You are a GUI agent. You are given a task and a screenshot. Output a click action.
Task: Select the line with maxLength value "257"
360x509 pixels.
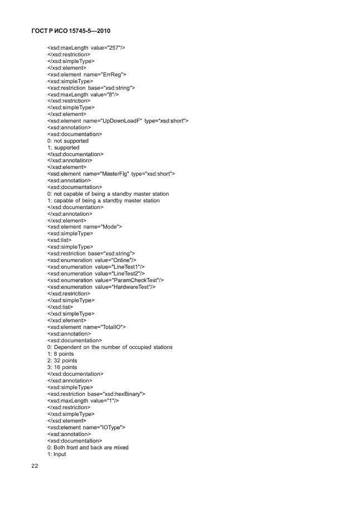point(86,48)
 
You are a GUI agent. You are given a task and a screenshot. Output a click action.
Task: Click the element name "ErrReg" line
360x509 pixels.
point(87,74)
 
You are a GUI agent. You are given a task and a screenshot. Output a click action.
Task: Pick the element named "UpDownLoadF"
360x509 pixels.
point(118,120)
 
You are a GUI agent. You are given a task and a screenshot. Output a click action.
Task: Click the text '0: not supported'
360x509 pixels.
point(68,140)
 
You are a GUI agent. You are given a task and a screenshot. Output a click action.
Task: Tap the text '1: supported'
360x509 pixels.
point(64,147)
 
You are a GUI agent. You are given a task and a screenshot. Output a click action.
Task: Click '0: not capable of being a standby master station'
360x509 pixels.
point(108,193)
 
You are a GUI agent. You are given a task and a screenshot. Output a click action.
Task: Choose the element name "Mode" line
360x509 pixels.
point(85,226)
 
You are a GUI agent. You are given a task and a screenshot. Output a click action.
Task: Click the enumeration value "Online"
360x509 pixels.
point(92,260)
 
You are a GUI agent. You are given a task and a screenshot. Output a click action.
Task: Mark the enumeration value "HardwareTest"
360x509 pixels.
point(101,287)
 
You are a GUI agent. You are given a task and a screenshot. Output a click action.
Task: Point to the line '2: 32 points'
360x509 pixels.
point(62,360)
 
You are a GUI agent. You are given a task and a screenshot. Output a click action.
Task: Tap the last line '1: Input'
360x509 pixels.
point(57,454)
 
